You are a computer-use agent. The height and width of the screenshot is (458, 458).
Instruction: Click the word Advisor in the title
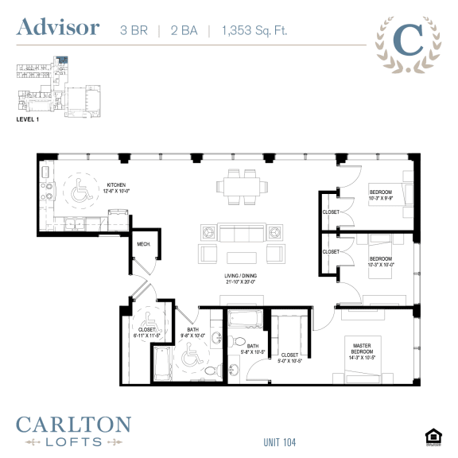pyautogui.click(x=58, y=28)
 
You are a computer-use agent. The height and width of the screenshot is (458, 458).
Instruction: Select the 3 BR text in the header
pyautogui.click(x=134, y=30)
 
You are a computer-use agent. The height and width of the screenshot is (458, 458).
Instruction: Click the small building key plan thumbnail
pyautogui.click(x=59, y=83)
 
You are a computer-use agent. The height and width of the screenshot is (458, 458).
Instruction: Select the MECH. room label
pyautogui.click(x=144, y=245)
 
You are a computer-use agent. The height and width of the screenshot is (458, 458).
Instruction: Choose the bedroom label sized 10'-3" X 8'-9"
pyautogui.click(x=381, y=196)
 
